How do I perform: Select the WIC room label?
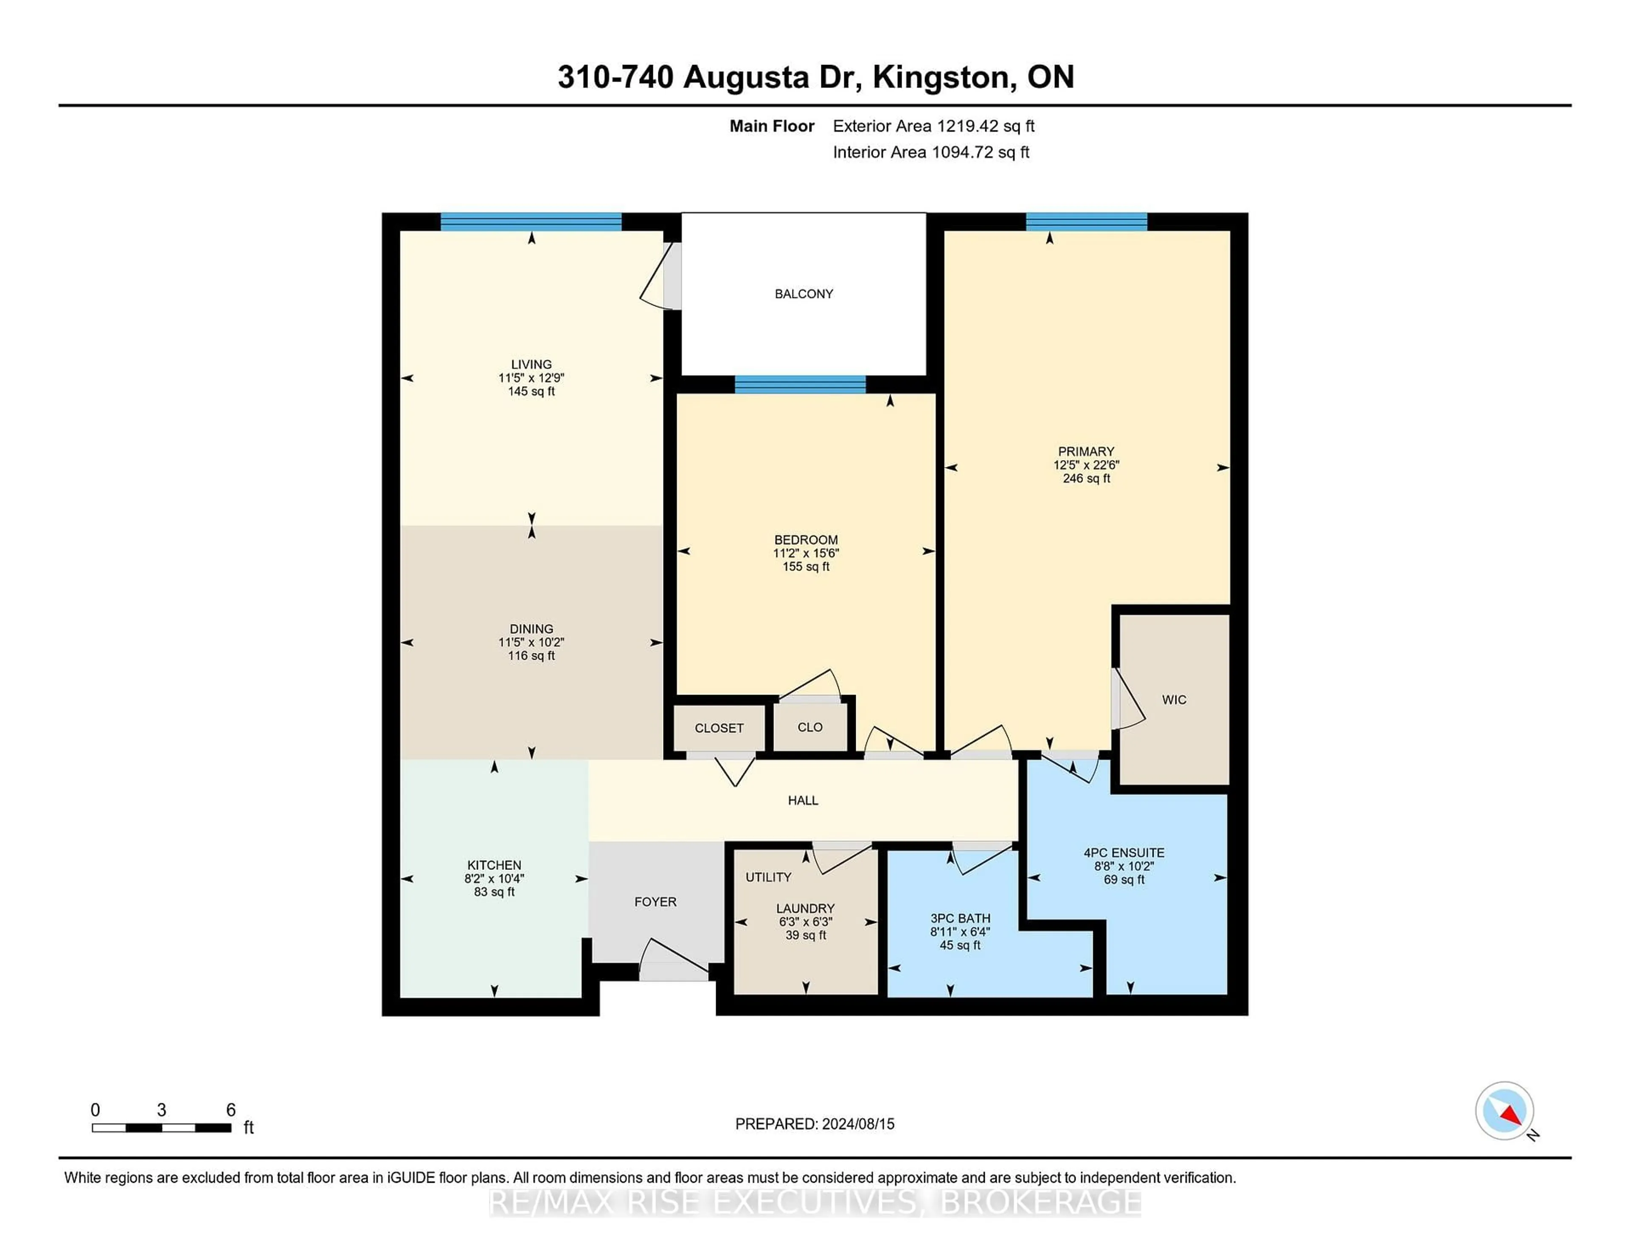point(1174,700)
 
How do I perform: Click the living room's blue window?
point(531,222)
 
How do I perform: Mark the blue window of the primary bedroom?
point(1086,222)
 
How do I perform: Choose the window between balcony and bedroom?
point(800,385)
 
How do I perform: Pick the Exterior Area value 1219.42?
point(970,126)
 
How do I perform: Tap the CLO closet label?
point(810,728)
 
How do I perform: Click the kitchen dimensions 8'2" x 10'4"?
point(494,879)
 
